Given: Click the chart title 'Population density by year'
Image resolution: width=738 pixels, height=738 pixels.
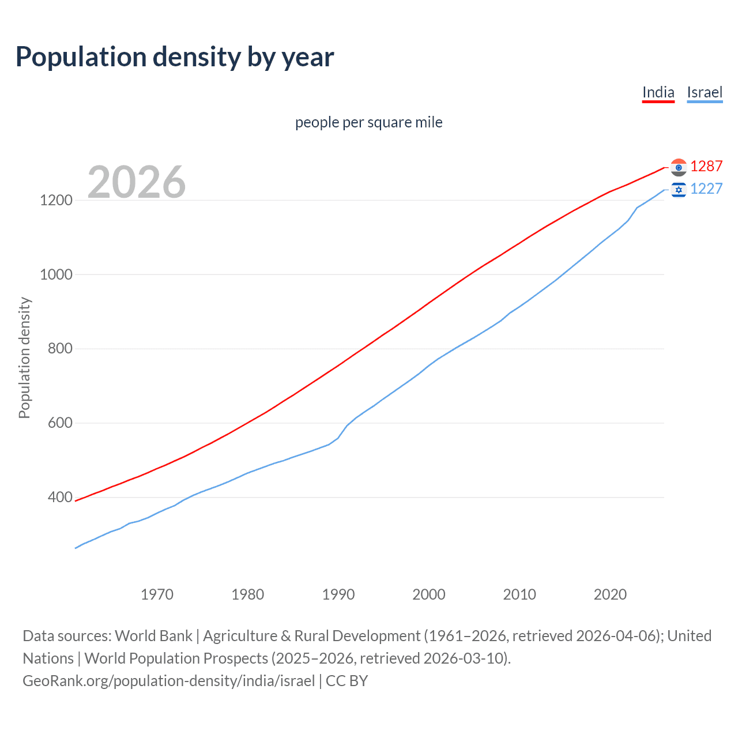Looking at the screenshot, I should pyautogui.click(x=175, y=57).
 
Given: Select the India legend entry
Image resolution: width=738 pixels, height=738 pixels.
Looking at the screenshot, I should pyautogui.click(x=658, y=92).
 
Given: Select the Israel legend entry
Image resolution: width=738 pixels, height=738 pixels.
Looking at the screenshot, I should pyautogui.click(x=705, y=92).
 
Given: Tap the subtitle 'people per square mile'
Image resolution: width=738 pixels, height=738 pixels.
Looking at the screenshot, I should pyautogui.click(x=368, y=123).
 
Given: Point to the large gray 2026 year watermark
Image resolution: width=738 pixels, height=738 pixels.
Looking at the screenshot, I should pyautogui.click(x=137, y=182).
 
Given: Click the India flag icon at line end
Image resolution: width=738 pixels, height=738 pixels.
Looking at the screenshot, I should pyautogui.click(x=679, y=167).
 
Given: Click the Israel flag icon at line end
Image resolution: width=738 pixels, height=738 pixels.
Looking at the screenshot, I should pyautogui.click(x=679, y=189).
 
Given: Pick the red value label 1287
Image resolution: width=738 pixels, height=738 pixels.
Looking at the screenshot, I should pyautogui.click(x=706, y=167).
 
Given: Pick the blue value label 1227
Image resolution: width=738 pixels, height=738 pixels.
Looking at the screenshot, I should pyautogui.click(x=706, y=189).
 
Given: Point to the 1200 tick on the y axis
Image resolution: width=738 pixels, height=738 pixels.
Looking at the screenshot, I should pyautogui.click(x=56, y=201).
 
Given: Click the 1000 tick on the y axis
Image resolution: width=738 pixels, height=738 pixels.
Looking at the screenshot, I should pyautogui.click(x=56, y=275).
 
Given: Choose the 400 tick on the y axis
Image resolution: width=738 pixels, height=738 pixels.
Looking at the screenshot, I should pyautogui.click(x=61, y=497).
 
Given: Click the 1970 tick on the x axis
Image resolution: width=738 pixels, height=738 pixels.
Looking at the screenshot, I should pyautogui.click(x=157, y=594).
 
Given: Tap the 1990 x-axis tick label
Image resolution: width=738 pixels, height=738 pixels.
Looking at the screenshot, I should pyautogui.click(x=338, y=594).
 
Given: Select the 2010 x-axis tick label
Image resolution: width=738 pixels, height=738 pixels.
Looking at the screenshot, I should pyautogui.click(x=519, y=594).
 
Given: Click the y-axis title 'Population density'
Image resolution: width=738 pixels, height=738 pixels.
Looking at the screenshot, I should pyautogui.click(x=24, y=357).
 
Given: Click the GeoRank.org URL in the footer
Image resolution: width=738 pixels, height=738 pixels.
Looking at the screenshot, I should pyautogui.click(x=168, y=681).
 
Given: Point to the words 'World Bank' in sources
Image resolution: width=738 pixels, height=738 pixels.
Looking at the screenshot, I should pyautogui.click(x=153, y=636).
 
